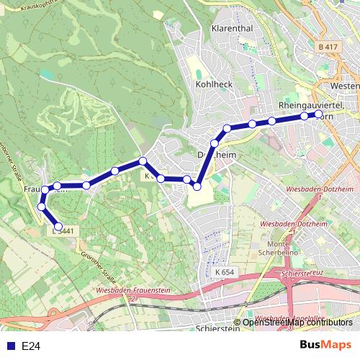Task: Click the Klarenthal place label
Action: click(x=231, y=29)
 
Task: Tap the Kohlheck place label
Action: click(x=214, y=84)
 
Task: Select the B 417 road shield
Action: click(x=328, y=47)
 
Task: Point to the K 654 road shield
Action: click(x=225, y=272)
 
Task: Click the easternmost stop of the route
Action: click(x=319, y=114)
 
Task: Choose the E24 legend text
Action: click(x=31, y=346)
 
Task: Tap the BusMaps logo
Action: click(x=325, y=345)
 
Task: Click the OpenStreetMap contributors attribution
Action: click(x=297, y=323)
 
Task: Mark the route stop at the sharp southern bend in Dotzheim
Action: click(x=196, y=186)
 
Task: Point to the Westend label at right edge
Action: click(x=344, y=86)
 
